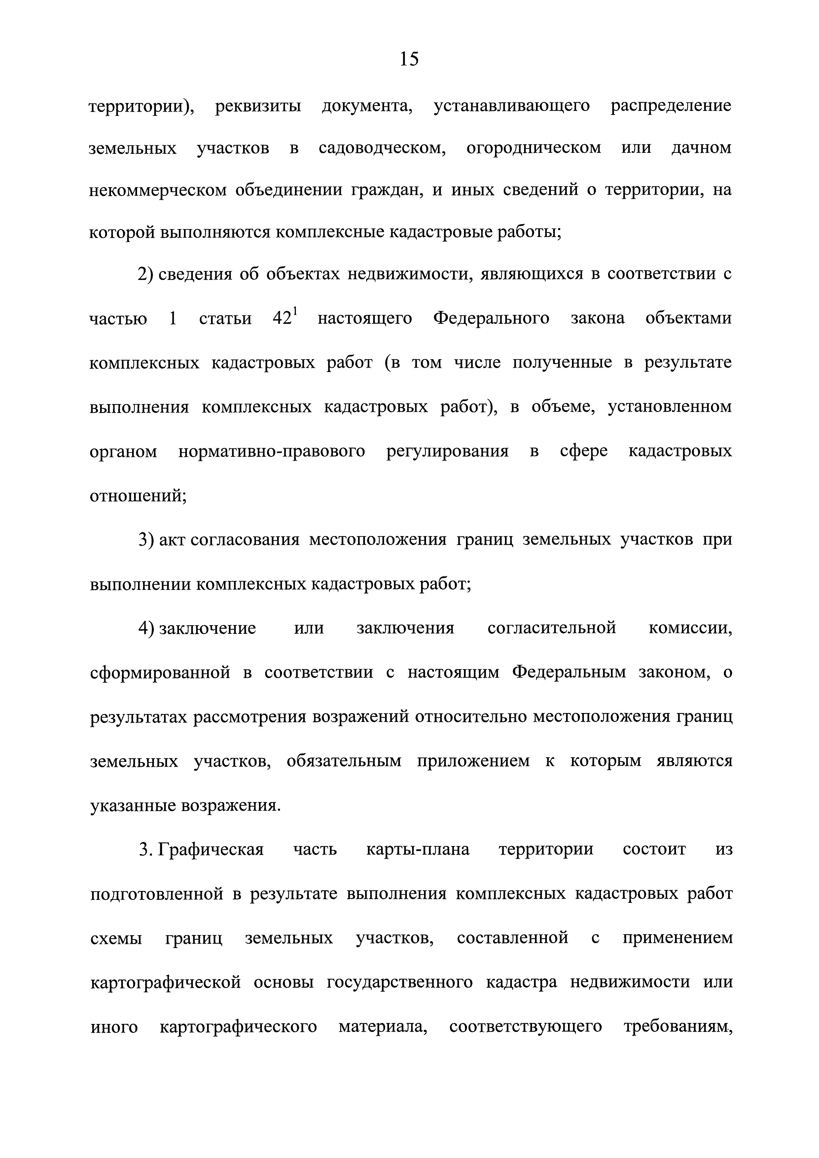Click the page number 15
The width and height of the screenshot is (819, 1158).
[409, 59]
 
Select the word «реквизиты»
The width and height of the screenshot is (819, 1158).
[258, 106]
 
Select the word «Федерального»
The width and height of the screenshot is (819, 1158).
[491, 319]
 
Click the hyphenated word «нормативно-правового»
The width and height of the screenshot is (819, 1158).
[271, 451]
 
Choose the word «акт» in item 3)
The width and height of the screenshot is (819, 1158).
[173, 540]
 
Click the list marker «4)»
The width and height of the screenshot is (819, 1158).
[146, 629]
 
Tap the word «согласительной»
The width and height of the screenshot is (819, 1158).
[552, 629]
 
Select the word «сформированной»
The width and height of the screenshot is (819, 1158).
[160, 673]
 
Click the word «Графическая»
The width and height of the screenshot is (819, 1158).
[211, 850]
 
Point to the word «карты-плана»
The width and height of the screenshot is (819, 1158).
[417, 850]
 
